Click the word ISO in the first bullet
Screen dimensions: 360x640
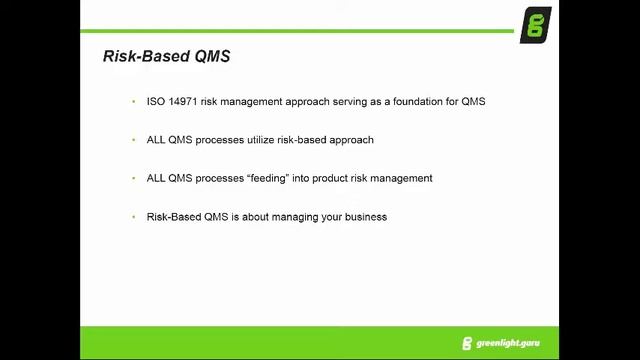pos(155,102)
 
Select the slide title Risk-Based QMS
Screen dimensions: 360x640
pos(166,56)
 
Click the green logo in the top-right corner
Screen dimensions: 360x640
pos(534,23)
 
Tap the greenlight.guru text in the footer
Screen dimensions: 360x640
pos(511,343)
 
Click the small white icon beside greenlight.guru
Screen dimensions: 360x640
pos(467,343)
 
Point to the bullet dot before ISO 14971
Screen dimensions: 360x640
pos(133,102)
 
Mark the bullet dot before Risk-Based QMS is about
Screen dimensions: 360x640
pos(133,216)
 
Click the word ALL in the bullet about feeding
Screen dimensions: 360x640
pos(156,178)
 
